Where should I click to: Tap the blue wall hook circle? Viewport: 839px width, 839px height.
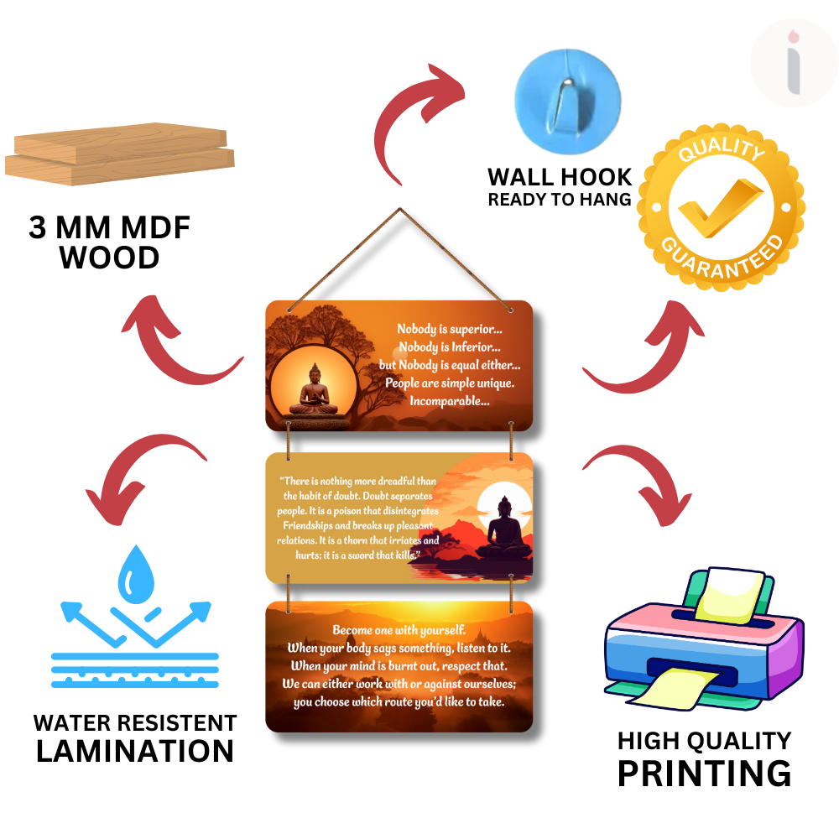pyautogui.click(x=567, y=91)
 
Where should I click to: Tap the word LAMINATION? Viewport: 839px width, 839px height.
pyautogui.click(x=135, y=751)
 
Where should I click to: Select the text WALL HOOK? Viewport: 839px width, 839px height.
pyautogui.click(x=560, y=177)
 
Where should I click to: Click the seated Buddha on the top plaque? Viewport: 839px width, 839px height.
pyautogui.click(x=314, y=389)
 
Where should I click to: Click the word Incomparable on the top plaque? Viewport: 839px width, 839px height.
pyautogui.click(x=449, y=401)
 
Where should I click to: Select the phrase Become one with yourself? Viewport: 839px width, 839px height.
pyautogui.click(x=399, y=630)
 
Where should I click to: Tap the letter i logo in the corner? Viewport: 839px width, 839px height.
pyautogui.click(x=793, y=63)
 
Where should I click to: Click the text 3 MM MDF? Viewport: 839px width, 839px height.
pyautogui.click(x=110, y=228)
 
